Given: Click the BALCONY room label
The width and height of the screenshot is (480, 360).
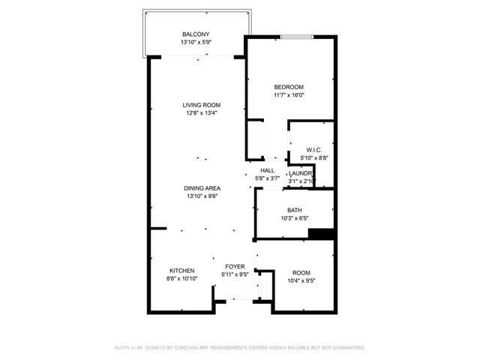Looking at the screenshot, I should [x=195, y=34].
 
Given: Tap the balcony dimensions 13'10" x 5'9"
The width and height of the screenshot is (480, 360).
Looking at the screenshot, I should [x=195, y=43].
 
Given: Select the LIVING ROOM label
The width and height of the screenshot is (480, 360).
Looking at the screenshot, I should [x=202, y=105].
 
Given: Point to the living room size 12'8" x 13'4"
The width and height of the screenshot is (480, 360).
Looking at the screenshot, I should [x=202, y=113].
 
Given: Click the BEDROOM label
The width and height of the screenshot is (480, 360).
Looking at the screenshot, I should [x=288, y=87].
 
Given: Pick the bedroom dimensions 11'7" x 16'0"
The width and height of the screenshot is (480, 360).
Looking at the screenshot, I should [x=288, y=95].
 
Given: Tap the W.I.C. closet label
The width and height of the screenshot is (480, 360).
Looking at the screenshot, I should [x=313, y=150].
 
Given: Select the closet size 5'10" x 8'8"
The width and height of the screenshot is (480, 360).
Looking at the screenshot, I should [x=313, y=158].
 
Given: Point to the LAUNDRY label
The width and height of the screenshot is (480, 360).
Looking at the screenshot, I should [x=301, y=173].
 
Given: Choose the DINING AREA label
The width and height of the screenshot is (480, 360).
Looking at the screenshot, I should [x=202, y=188].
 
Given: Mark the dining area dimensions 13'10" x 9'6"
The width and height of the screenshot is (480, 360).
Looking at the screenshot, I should [x=202, y=196].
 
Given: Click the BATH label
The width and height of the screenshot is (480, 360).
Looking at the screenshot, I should [x=294, y=211].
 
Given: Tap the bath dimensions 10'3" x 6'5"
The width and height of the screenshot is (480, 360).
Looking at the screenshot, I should [x=294, y=219].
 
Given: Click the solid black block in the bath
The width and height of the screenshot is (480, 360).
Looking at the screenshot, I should [x=320, y=234].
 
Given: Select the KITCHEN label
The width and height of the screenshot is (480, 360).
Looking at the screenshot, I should [x=181, y=271].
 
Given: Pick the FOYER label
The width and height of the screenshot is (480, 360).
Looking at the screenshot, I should [x=234, y=266].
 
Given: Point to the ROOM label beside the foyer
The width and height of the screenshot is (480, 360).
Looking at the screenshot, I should [x=301, y=273].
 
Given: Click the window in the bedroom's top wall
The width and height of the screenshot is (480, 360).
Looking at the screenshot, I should [x=292, y=36].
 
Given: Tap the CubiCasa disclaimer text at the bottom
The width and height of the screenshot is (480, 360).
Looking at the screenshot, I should [x=239, y=348].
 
